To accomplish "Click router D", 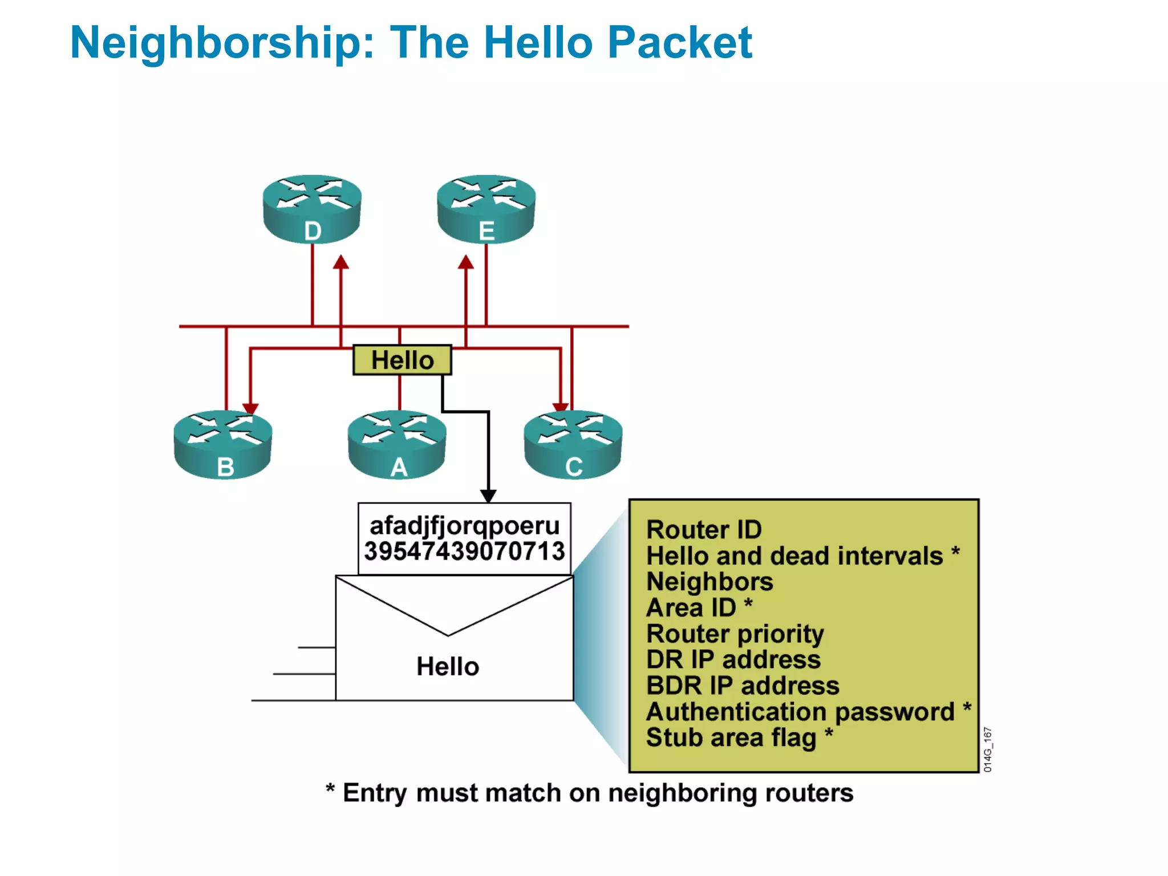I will tap(312, 209).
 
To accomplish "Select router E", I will tap(486, 209).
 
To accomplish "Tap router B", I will tap(223, 444).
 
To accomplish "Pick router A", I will tap(398, 444).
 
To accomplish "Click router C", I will tap(573, 444).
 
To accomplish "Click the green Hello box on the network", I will tap(402, 360).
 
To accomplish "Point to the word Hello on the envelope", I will tap(448, 666).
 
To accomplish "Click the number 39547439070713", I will tap(464, 551).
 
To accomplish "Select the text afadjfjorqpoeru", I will tap(464, 526).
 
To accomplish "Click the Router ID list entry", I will tap(704, 530).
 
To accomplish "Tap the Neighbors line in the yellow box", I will tap(709, 582).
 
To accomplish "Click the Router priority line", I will tap(735, 634).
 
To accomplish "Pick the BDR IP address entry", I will tap(743, 686).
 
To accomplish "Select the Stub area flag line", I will tap(732, 737).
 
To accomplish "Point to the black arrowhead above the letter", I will tap(488, 496).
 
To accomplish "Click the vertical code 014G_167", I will tap(988, 750).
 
